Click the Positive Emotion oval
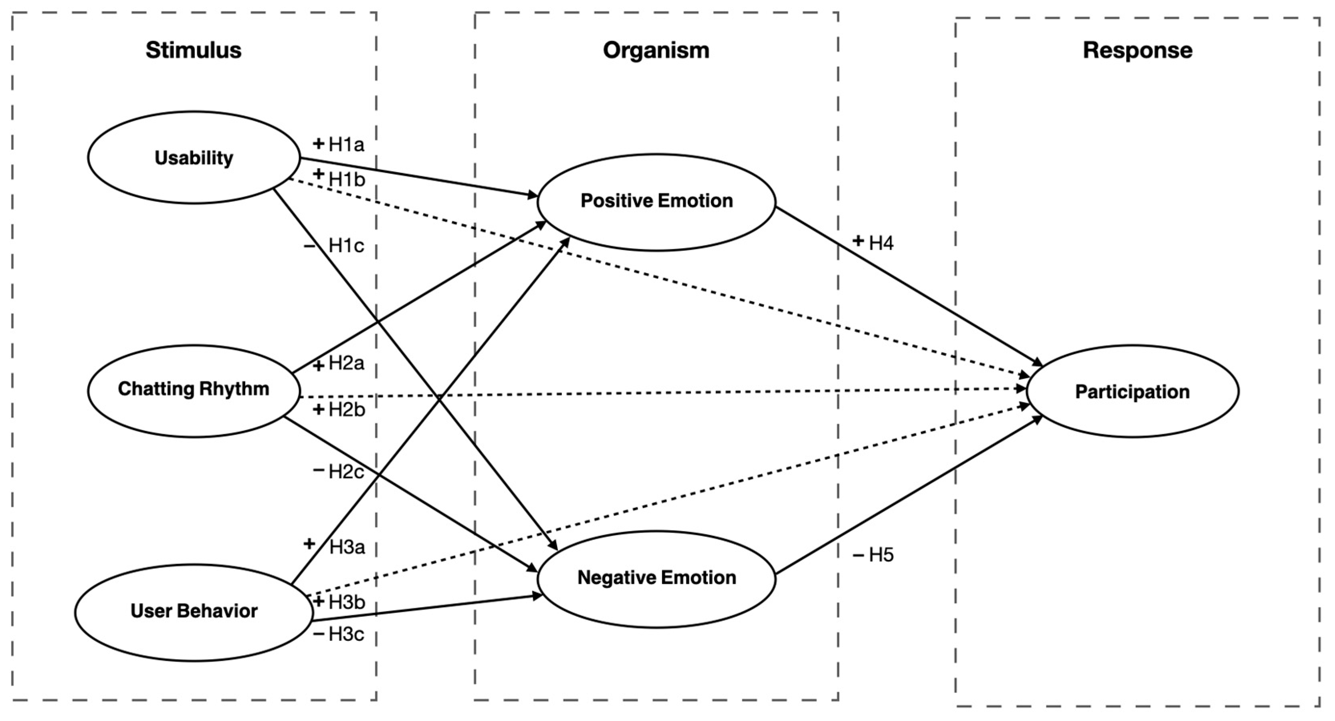click(x=656, y=201)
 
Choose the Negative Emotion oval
click(x=656, y=578)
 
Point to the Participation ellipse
click(x=1132, y=392)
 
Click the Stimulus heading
click(x=193, y=50)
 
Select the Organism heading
click(x=656, y=50)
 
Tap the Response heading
click(x=1137, y=50)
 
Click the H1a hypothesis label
click(x=347, y=145)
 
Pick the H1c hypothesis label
click(x=347, y=246)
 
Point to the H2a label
click(x=347, y=364)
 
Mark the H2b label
click(x=347, y=410)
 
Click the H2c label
click(x=347, y=471)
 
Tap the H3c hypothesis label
click(x=347, y=634)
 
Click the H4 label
click(x=881, y=242)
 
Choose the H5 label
click(x=881, y=555)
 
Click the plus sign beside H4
click(x=858, y=241)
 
